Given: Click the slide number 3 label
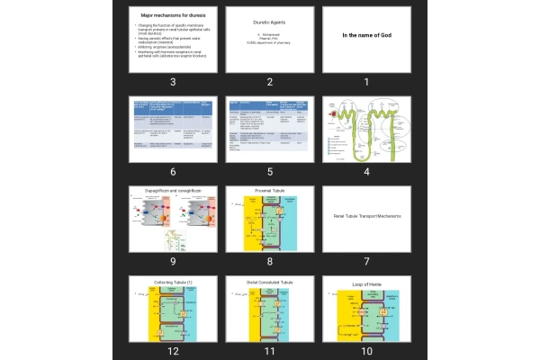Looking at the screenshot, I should click(172, 82).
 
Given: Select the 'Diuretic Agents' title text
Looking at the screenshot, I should click(269, 22).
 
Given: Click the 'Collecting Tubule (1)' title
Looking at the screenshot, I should click(173, 282).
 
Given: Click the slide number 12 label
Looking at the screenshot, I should click(172, 351).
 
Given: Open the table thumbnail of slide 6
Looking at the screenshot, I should click(172, 129).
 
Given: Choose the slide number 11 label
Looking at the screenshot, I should click(269, 351).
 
